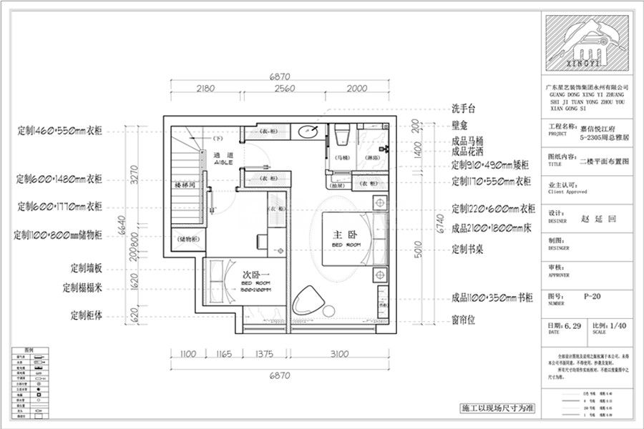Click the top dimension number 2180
click(205, 89)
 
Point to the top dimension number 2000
click(358, 89)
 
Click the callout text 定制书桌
click(469, 250)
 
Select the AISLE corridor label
click(223, 163)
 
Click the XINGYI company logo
click(584, 44)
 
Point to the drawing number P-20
click(592, 295)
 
